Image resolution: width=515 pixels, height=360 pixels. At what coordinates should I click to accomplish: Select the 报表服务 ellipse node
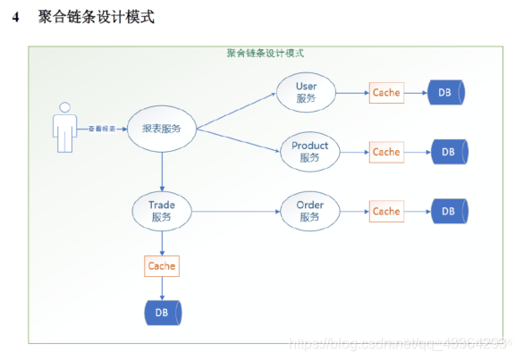click(x=162, y=129)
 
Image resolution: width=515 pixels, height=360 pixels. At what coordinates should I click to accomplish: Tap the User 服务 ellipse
click(x=306, y=92)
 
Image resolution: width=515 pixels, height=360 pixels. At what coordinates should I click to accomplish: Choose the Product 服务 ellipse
click(x=309, y=151)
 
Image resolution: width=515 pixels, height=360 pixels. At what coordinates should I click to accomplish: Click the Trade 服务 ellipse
click(x=162, y=211)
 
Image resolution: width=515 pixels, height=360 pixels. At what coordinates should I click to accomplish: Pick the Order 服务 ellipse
click(x=309, y=211)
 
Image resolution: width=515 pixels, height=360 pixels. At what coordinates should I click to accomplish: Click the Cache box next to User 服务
click(x=386, y=92)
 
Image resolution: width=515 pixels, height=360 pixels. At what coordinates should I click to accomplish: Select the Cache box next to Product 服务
click(x=386, y=152)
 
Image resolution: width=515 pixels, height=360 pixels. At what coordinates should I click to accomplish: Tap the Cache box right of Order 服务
click(x=386, y=212)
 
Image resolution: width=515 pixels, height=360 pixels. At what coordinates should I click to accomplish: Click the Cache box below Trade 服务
click(x=162, y=265)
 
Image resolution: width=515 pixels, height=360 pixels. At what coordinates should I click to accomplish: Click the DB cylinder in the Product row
click(x=450, y=152)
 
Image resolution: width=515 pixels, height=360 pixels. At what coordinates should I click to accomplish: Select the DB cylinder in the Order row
click(x=449, y=212)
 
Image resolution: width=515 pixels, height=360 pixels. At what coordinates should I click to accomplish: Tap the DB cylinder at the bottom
click(x=162, y=312)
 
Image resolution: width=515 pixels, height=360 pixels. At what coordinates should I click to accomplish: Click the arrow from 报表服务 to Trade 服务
click(x=162, y=170)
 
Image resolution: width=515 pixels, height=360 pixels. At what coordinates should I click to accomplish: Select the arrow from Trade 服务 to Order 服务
click(x=237, y=212)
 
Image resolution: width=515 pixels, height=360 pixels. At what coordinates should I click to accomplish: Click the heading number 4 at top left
click(x=16, y=17)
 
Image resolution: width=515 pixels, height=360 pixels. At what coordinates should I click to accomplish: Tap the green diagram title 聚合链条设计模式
click(x=266, y=53)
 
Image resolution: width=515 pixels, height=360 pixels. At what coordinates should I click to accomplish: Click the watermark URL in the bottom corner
click(x=402, y=343)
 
